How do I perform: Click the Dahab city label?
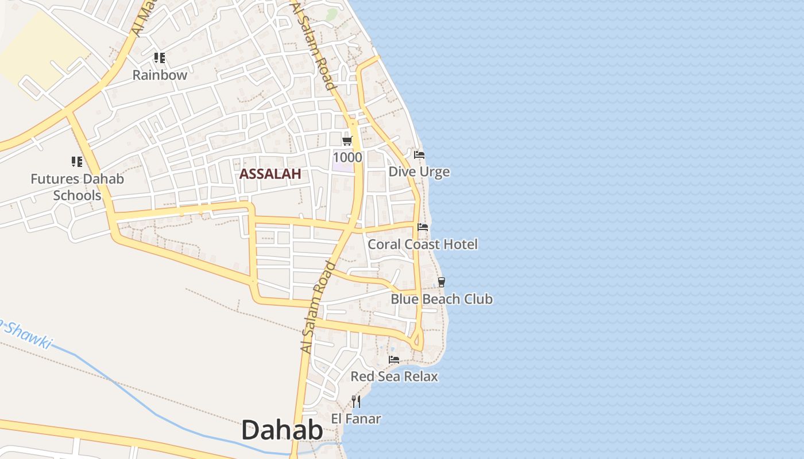pyautogui.click(x=282, y=430)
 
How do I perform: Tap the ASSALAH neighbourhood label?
pyautogui.click(x=270, y=174)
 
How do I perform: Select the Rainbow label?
pyautogui.click(x=160, y=75)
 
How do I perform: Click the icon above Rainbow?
pyautogui.click(x=160, y=58)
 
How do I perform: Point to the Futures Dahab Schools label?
pyautogui.click(x=77, y=187)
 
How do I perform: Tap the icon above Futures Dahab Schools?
pyautogui.click(x=77, y=162)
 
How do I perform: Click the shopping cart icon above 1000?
pyautogui.click(x=347, y=141)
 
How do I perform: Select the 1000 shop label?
pyautogui.click(x=347, y=157)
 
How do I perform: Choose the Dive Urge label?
pyautogui.click(x=419, y=172)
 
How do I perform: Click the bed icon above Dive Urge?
pyautogui.click(x=419, y=155)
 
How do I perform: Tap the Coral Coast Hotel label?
pyautogui.click(x=423, y=244)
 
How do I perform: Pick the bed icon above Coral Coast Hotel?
pyautogui.click(x=423, y=227)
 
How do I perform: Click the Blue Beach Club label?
pyautogui.click(x=442, y=299)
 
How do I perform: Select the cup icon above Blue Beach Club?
pyautogui.click(x=441, y=282)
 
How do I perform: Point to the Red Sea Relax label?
pyautogui.click(x=394, y=376)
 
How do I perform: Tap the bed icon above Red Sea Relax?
pyautogui.click(x=394, y=360)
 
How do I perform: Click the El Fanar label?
pyautogui.click(x=356, y=419)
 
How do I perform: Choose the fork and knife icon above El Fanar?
pyautogui.click(x=356, y=402)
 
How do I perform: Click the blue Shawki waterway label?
pyautogui.click(x=26, y=333)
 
